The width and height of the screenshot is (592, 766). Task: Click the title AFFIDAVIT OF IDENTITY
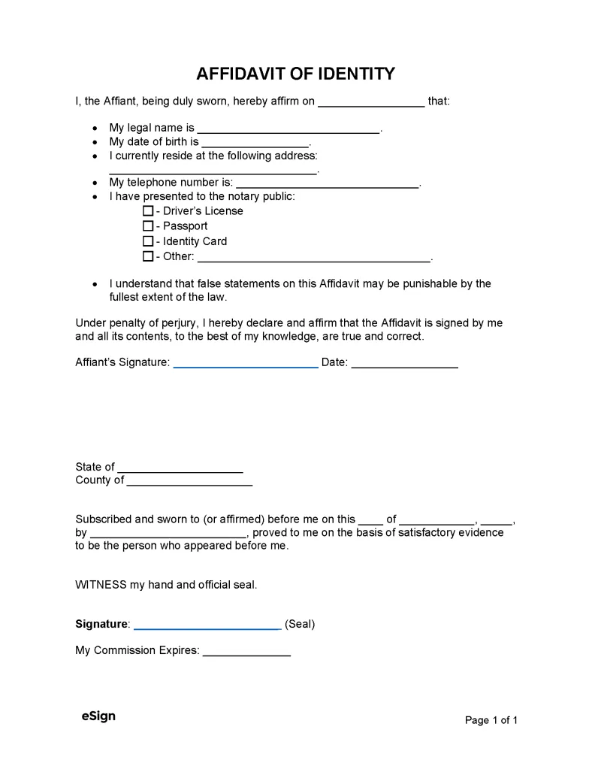click(295, 74)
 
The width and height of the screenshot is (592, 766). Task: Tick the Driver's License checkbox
click(148, 211)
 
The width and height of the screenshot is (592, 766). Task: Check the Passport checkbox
click(148, 226)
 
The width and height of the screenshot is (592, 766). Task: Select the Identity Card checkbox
click(148, 241)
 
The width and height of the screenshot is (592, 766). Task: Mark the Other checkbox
click(148, 256)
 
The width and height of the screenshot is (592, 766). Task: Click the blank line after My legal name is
click(288, 129)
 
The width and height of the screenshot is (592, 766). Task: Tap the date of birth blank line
click(255, 143)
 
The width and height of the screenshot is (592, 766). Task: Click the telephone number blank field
click(328, 183)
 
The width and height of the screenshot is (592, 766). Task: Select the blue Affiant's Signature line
click(246, 364)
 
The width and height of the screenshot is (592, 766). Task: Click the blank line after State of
click(180, 468)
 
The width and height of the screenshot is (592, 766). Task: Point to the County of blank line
click(189, 482)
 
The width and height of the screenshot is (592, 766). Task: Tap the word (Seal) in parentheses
click(300, 624)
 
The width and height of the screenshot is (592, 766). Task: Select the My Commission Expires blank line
click(246, 652)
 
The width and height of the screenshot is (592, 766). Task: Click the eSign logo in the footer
click(98, 716)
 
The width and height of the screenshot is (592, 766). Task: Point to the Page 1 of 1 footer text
click(491, 720)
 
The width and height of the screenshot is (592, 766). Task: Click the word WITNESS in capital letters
click(101, 584)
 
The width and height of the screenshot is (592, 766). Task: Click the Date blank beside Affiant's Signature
click(404, 364)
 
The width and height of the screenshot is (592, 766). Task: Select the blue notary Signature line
click(207, 625)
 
